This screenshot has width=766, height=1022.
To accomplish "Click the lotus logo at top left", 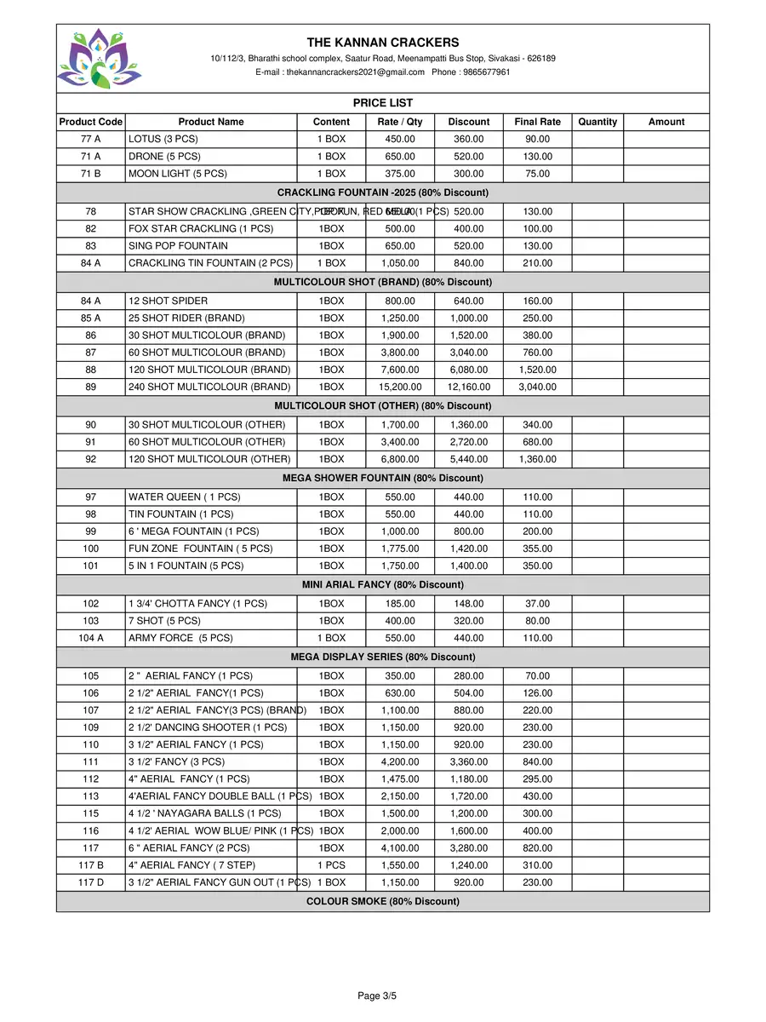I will (x=100, y=58).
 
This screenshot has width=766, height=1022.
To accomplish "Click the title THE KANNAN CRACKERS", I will (x=383, y=43).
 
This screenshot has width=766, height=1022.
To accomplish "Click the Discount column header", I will (x=469, y=122).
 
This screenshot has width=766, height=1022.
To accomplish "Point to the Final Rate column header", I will (x=537, y=122).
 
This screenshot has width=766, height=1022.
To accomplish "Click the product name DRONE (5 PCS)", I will (x=164, y=157).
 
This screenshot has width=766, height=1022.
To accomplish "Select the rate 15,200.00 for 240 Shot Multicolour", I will (x=400, y=387).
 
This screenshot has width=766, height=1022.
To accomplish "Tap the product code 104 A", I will (x=91, y=638).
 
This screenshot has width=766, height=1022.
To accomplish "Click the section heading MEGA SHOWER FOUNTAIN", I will (x=383, y=479).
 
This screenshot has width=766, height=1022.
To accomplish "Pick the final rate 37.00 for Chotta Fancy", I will (x=537, y=604).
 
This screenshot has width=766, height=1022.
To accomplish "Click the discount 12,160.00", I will (x=469, y=387).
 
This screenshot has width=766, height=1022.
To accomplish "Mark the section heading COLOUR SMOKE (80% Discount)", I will (x=383, y=901).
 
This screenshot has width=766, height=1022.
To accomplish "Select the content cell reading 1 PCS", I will (x=331, y=865).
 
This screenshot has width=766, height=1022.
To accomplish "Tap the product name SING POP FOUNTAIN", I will (x=178, y=246).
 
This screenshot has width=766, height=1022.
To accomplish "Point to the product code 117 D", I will (x=91, y=882).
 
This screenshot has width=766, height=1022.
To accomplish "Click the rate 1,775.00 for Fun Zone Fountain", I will (x=400, y=548).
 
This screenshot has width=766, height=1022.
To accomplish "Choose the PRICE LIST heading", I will (x=383, y=103).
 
